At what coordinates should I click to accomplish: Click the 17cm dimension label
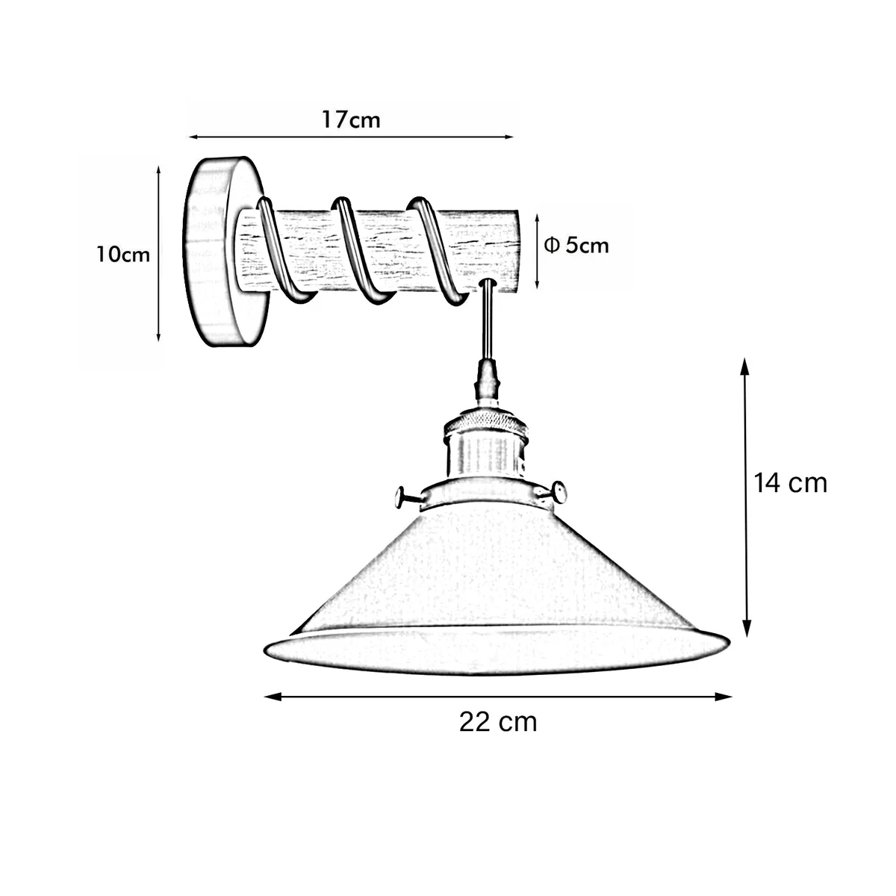point(351,119)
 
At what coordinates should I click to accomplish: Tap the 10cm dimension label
point(123,255)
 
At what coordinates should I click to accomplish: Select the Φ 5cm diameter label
point(576,245)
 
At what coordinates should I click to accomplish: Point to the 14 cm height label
point(790,483)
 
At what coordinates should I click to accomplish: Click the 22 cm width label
point(498,722)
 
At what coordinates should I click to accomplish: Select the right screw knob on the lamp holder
point(558,492)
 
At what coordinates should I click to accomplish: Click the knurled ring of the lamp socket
point(487,425)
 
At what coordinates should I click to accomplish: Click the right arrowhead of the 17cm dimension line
point(511,137)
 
